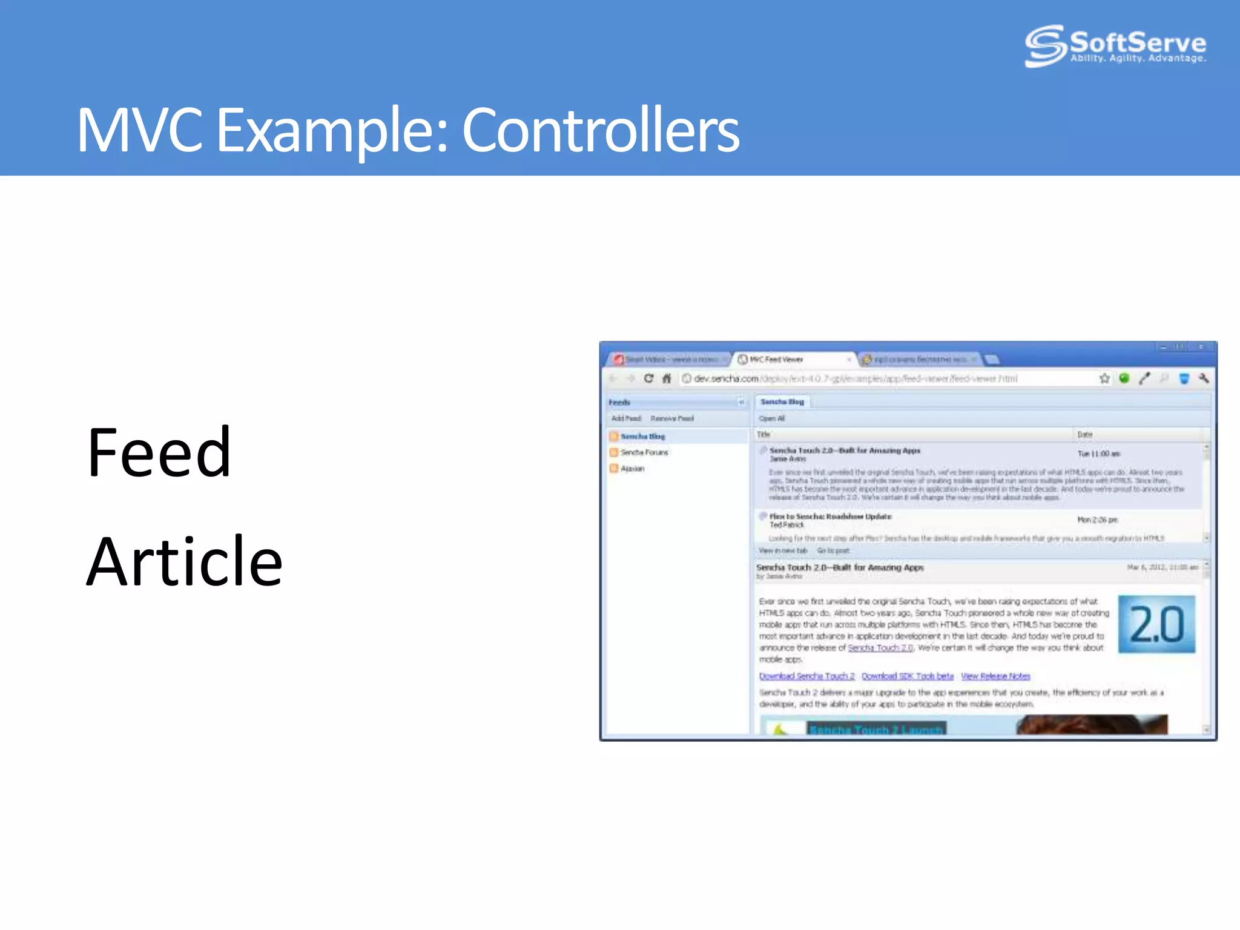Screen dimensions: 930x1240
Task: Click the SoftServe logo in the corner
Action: pos(1115,45)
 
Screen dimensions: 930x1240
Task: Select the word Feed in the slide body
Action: pos(159,453)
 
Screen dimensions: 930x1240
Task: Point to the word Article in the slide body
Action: pos(184,562)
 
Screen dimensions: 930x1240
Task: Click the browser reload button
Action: pos(648,378)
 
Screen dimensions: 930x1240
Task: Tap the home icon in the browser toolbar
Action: pos(667,378)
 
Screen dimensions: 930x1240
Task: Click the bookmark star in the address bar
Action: pos(1104,378)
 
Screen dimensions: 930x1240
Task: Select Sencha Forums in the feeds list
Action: pos(644,452)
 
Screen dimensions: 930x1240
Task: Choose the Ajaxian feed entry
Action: pos(632,469)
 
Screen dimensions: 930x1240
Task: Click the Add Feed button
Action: pos(625,418)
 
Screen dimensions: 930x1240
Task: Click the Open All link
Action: pos(771,418)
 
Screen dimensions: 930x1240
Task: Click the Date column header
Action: pos(1085,435)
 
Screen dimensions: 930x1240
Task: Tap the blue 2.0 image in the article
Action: pos(1156,624)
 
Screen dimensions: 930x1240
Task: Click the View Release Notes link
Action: pos(995,676)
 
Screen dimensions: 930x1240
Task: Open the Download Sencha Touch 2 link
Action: pos(806,676)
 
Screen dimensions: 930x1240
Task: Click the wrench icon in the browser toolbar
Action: pos(1204,378)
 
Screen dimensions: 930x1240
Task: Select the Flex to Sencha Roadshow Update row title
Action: pos(830,516)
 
